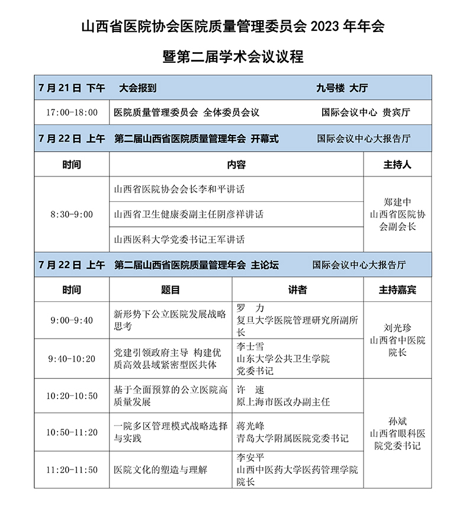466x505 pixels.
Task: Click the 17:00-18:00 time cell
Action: (x=72, y=112)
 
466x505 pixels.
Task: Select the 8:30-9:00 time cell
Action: (x=72, y=214)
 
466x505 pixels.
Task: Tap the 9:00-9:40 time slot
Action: (x=72, y=320)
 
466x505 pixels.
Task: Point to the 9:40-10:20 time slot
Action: (x=72, y=359)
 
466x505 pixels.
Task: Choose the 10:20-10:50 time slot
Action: (x=72, y=395)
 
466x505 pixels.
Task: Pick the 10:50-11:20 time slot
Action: (x=72, y=432)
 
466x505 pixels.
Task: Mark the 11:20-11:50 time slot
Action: (x=72, y=469)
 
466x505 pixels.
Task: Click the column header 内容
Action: (x=236, y=165)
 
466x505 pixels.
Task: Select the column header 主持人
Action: (x=397, y=165)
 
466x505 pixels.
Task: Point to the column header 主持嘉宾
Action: (x=397, y=290)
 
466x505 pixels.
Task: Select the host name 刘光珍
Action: (x=397, y=328)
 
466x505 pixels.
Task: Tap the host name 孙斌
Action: (x=397, y=421)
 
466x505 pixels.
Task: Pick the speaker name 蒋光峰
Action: (x=250, y=426)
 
